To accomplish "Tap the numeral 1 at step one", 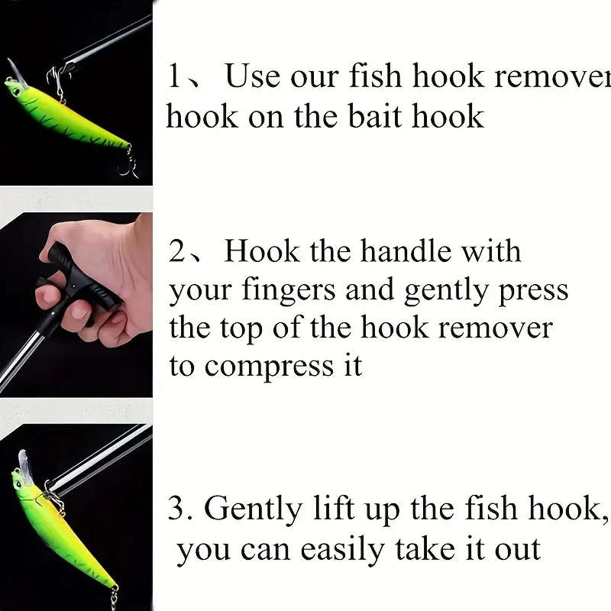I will [x=175, y=77].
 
